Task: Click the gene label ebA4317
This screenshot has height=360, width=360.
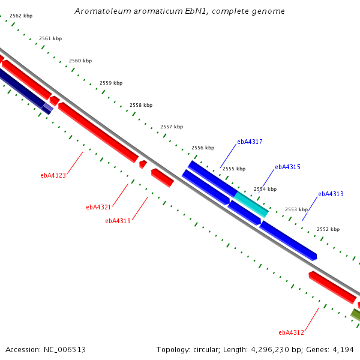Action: coord(250,142)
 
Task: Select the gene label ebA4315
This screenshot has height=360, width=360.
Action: coord(287,167)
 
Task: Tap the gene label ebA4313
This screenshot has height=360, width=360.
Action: coord(331,194)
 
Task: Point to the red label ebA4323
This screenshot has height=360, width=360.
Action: coord(53,175)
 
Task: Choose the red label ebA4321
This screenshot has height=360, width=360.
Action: coord(98,207)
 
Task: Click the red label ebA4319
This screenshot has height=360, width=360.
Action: coord(118,221)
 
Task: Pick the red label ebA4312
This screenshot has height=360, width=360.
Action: coord(291,332)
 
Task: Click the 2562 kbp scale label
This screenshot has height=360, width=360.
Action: coord(21,16)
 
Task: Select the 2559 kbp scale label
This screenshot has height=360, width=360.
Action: coord(111,83)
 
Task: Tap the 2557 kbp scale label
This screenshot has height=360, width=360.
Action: coord(172,127)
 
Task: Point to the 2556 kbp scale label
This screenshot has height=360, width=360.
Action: coord(203,148)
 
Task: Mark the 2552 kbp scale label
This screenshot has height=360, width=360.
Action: coord(328,229)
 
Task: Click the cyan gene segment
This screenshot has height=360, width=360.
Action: coord(251,205)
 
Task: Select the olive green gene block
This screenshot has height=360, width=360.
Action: coord(355,314)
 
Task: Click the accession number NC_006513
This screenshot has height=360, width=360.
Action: coord(65,350)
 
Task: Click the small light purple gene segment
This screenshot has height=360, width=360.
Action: coord(48,107)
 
